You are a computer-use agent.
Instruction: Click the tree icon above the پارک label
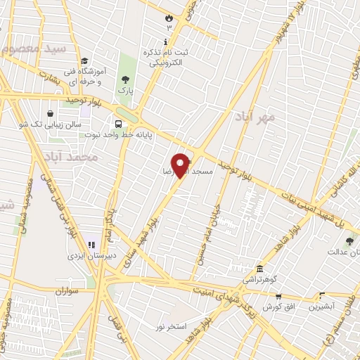point(125,79)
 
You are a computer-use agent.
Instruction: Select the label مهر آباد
point(265,117)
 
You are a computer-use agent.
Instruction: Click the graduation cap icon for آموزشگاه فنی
point(84,61)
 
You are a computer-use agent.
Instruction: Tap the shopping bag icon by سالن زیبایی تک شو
point(51,114)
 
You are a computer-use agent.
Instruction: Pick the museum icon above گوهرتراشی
point(259,270)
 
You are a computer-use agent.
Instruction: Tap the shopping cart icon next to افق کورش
point(278,297)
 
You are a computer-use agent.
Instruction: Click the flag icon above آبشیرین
point(322,297)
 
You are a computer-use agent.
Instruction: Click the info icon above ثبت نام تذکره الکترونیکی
point(165,41)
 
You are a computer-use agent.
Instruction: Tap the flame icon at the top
point(168,18)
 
